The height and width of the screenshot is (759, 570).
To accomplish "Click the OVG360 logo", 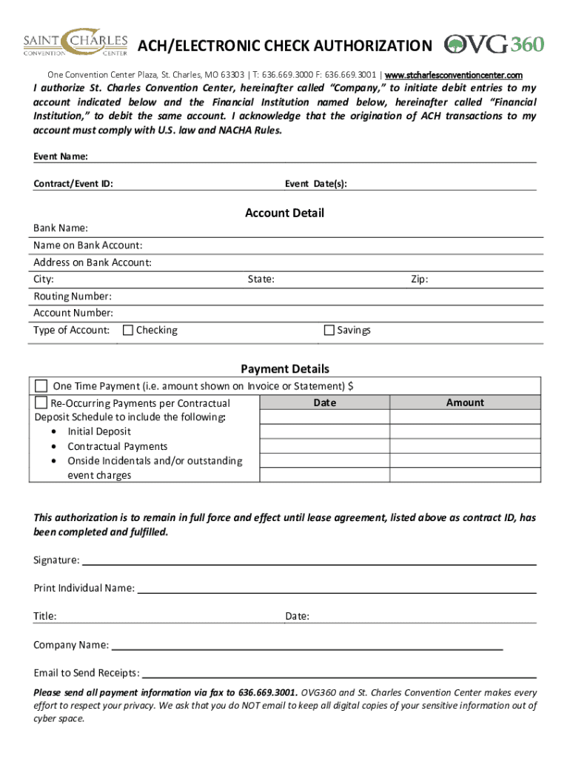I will coord(494,44).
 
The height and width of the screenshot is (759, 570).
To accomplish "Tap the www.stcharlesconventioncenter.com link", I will coord(454,76).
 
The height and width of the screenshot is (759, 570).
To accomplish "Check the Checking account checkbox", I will coord(128,331).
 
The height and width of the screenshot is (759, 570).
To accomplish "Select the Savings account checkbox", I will coord(329,331).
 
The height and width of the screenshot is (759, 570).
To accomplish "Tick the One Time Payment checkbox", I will coord(41,386).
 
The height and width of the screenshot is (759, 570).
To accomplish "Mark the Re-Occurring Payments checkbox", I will coord(41,403).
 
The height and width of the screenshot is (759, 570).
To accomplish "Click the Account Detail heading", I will coord(284,213).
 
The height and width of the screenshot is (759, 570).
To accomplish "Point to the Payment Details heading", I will coord(284,369).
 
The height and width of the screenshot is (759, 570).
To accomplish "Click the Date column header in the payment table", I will coord(324,403).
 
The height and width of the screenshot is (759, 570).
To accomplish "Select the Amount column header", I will coord(465,403).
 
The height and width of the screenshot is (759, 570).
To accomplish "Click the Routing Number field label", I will coord(73,296).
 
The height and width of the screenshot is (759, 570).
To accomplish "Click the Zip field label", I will coord(419,279).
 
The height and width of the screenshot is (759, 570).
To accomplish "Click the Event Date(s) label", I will coord(315,184).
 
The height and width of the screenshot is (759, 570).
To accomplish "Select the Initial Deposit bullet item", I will coord(99,431).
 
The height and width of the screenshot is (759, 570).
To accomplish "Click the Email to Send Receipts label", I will coord(87,673).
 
